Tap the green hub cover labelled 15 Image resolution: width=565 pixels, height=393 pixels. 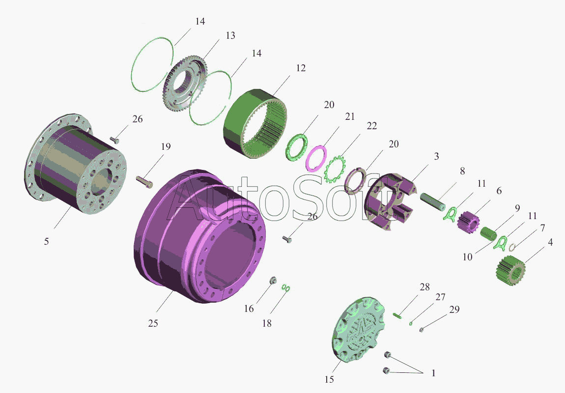(x=358, y=330)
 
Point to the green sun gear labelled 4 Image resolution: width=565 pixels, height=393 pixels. (x=511, y=271)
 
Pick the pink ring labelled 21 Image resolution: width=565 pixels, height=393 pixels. (x=316, y=159)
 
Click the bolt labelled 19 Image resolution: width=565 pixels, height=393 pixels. (x=144, y=181)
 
